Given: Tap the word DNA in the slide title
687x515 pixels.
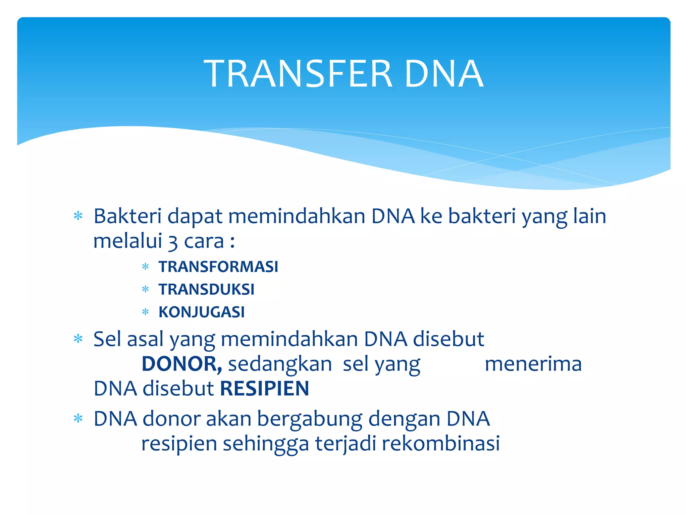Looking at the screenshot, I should click(x=443, y=74).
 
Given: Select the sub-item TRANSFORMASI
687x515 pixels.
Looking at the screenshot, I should click(x=218, y=267).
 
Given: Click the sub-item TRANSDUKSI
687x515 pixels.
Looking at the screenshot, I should click(x=206, y=289).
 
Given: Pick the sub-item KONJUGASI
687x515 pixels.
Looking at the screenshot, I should click(x=201, y=312).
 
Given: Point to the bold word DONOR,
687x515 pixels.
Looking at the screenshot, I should click(x=181, y=364).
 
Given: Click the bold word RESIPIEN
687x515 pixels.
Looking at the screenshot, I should click(x=264, y=389).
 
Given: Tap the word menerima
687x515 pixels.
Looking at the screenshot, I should click(x=533, y=364).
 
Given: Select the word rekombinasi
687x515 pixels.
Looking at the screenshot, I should click(x=440, y=443).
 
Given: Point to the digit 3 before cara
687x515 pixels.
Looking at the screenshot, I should click(x=172, y=242).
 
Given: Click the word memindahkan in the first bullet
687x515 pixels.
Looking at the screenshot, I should click(x=297, y=216).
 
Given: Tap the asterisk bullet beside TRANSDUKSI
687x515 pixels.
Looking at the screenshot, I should click(x=145, y=289).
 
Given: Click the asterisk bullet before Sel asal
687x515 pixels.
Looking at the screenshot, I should click(x=78, y=339).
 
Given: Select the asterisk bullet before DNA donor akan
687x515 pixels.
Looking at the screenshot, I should click(x=78, y=419).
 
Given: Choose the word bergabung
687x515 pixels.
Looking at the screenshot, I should click(x=310, y=420).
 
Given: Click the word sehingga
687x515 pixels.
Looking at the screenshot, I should click(x=266, y=444).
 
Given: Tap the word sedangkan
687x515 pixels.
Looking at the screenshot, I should click(x=280, y=364).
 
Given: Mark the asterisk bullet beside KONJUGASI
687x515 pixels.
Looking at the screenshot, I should click(x=145, y=312).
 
